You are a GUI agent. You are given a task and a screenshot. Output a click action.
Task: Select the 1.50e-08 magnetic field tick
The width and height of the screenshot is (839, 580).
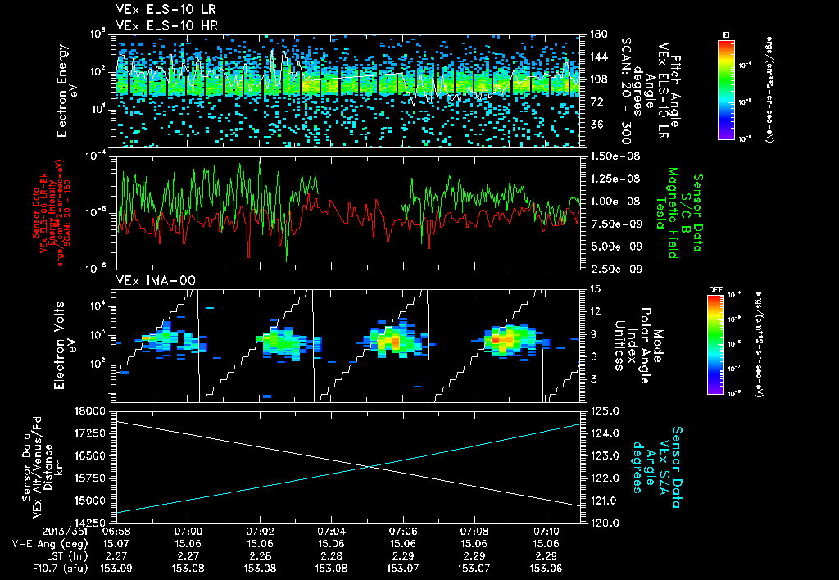coord(615,156)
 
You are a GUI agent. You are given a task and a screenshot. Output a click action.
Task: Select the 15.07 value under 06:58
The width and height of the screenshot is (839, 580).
coord(117,543)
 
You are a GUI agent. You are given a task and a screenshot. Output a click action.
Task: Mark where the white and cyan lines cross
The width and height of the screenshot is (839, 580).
coord(370,467)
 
